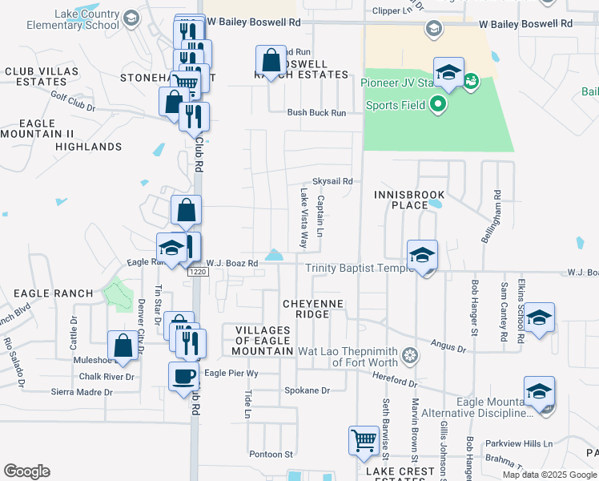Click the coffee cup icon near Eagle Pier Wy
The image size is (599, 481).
point(183,376)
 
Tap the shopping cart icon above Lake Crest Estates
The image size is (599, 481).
point(364,440)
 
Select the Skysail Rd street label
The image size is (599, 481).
point(332,182)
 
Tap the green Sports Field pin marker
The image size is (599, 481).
point(437,104)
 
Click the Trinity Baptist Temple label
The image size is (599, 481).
point(358,268)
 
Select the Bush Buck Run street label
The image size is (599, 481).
point(317,113)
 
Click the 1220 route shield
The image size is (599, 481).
point(198,273)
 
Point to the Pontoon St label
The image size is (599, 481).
point(271,454)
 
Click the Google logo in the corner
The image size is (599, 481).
point(26,471)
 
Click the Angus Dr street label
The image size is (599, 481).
point(448,347)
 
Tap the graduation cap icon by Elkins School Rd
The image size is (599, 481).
point(540,317)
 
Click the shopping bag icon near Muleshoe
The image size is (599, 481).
point(123,346)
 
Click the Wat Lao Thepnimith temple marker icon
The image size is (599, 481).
point(409,355)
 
